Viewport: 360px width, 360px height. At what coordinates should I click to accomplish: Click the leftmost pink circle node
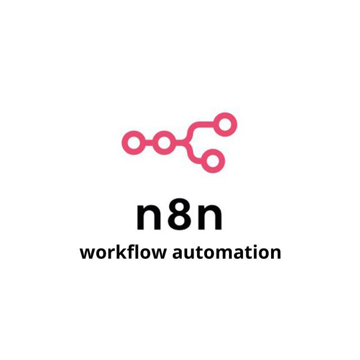point(133,142)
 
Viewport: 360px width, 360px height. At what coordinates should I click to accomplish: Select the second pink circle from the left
point(164,142)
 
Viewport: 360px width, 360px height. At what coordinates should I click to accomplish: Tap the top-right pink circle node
point(226,124)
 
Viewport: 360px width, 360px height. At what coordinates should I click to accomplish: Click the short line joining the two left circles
point(148,142)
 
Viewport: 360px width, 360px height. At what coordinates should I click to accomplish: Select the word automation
point(226,252)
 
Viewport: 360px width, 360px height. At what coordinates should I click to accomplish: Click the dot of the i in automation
point(249,245)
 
